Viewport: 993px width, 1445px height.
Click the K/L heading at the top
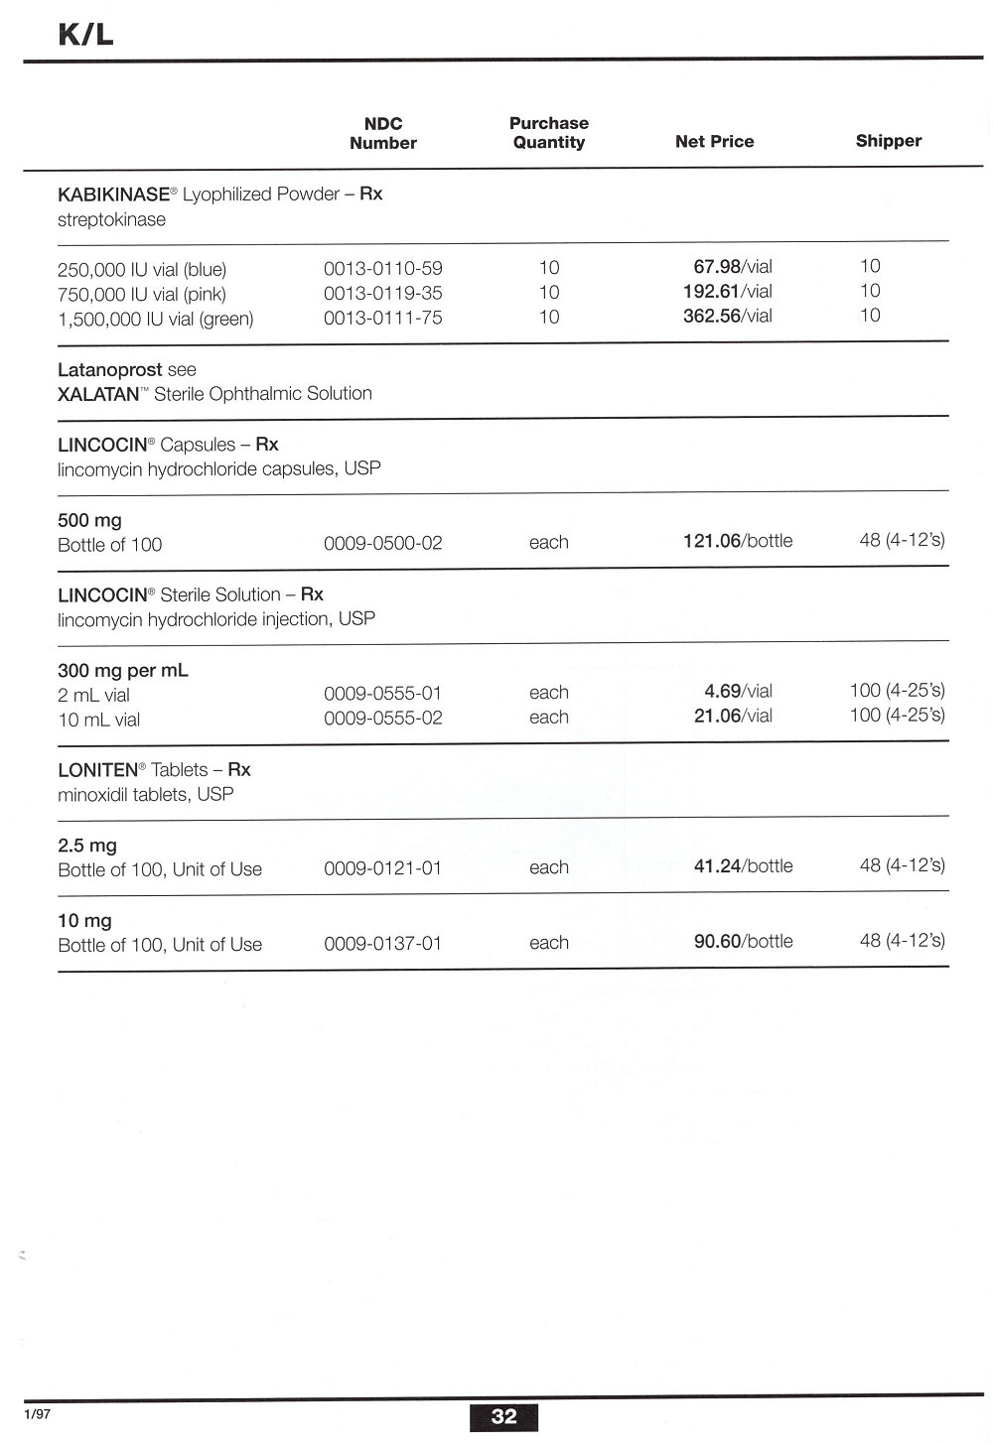[85, 35]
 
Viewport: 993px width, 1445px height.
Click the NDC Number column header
[383, 133]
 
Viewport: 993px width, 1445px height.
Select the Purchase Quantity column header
[548, 133]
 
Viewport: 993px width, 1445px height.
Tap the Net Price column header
[714, 142]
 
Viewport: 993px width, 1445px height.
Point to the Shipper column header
[888, 141]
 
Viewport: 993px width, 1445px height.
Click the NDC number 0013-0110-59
[383, 268]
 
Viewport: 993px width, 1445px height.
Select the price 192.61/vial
[727, 292]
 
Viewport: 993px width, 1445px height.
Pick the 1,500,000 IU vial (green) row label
[156, 319]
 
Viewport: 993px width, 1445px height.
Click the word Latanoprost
[109, 369]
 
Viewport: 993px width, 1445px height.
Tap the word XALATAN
[98, 394]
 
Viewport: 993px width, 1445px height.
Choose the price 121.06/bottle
[738, 541]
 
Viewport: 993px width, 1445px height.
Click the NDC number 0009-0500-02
[383, 543]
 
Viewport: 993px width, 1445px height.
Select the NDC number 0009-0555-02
[383, 718]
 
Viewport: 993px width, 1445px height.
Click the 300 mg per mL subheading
[123, 670]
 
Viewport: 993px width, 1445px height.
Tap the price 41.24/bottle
[743, 866]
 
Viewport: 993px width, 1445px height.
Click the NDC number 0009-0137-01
[383, 943]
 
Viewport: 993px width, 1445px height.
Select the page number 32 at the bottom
[504, 1416]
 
